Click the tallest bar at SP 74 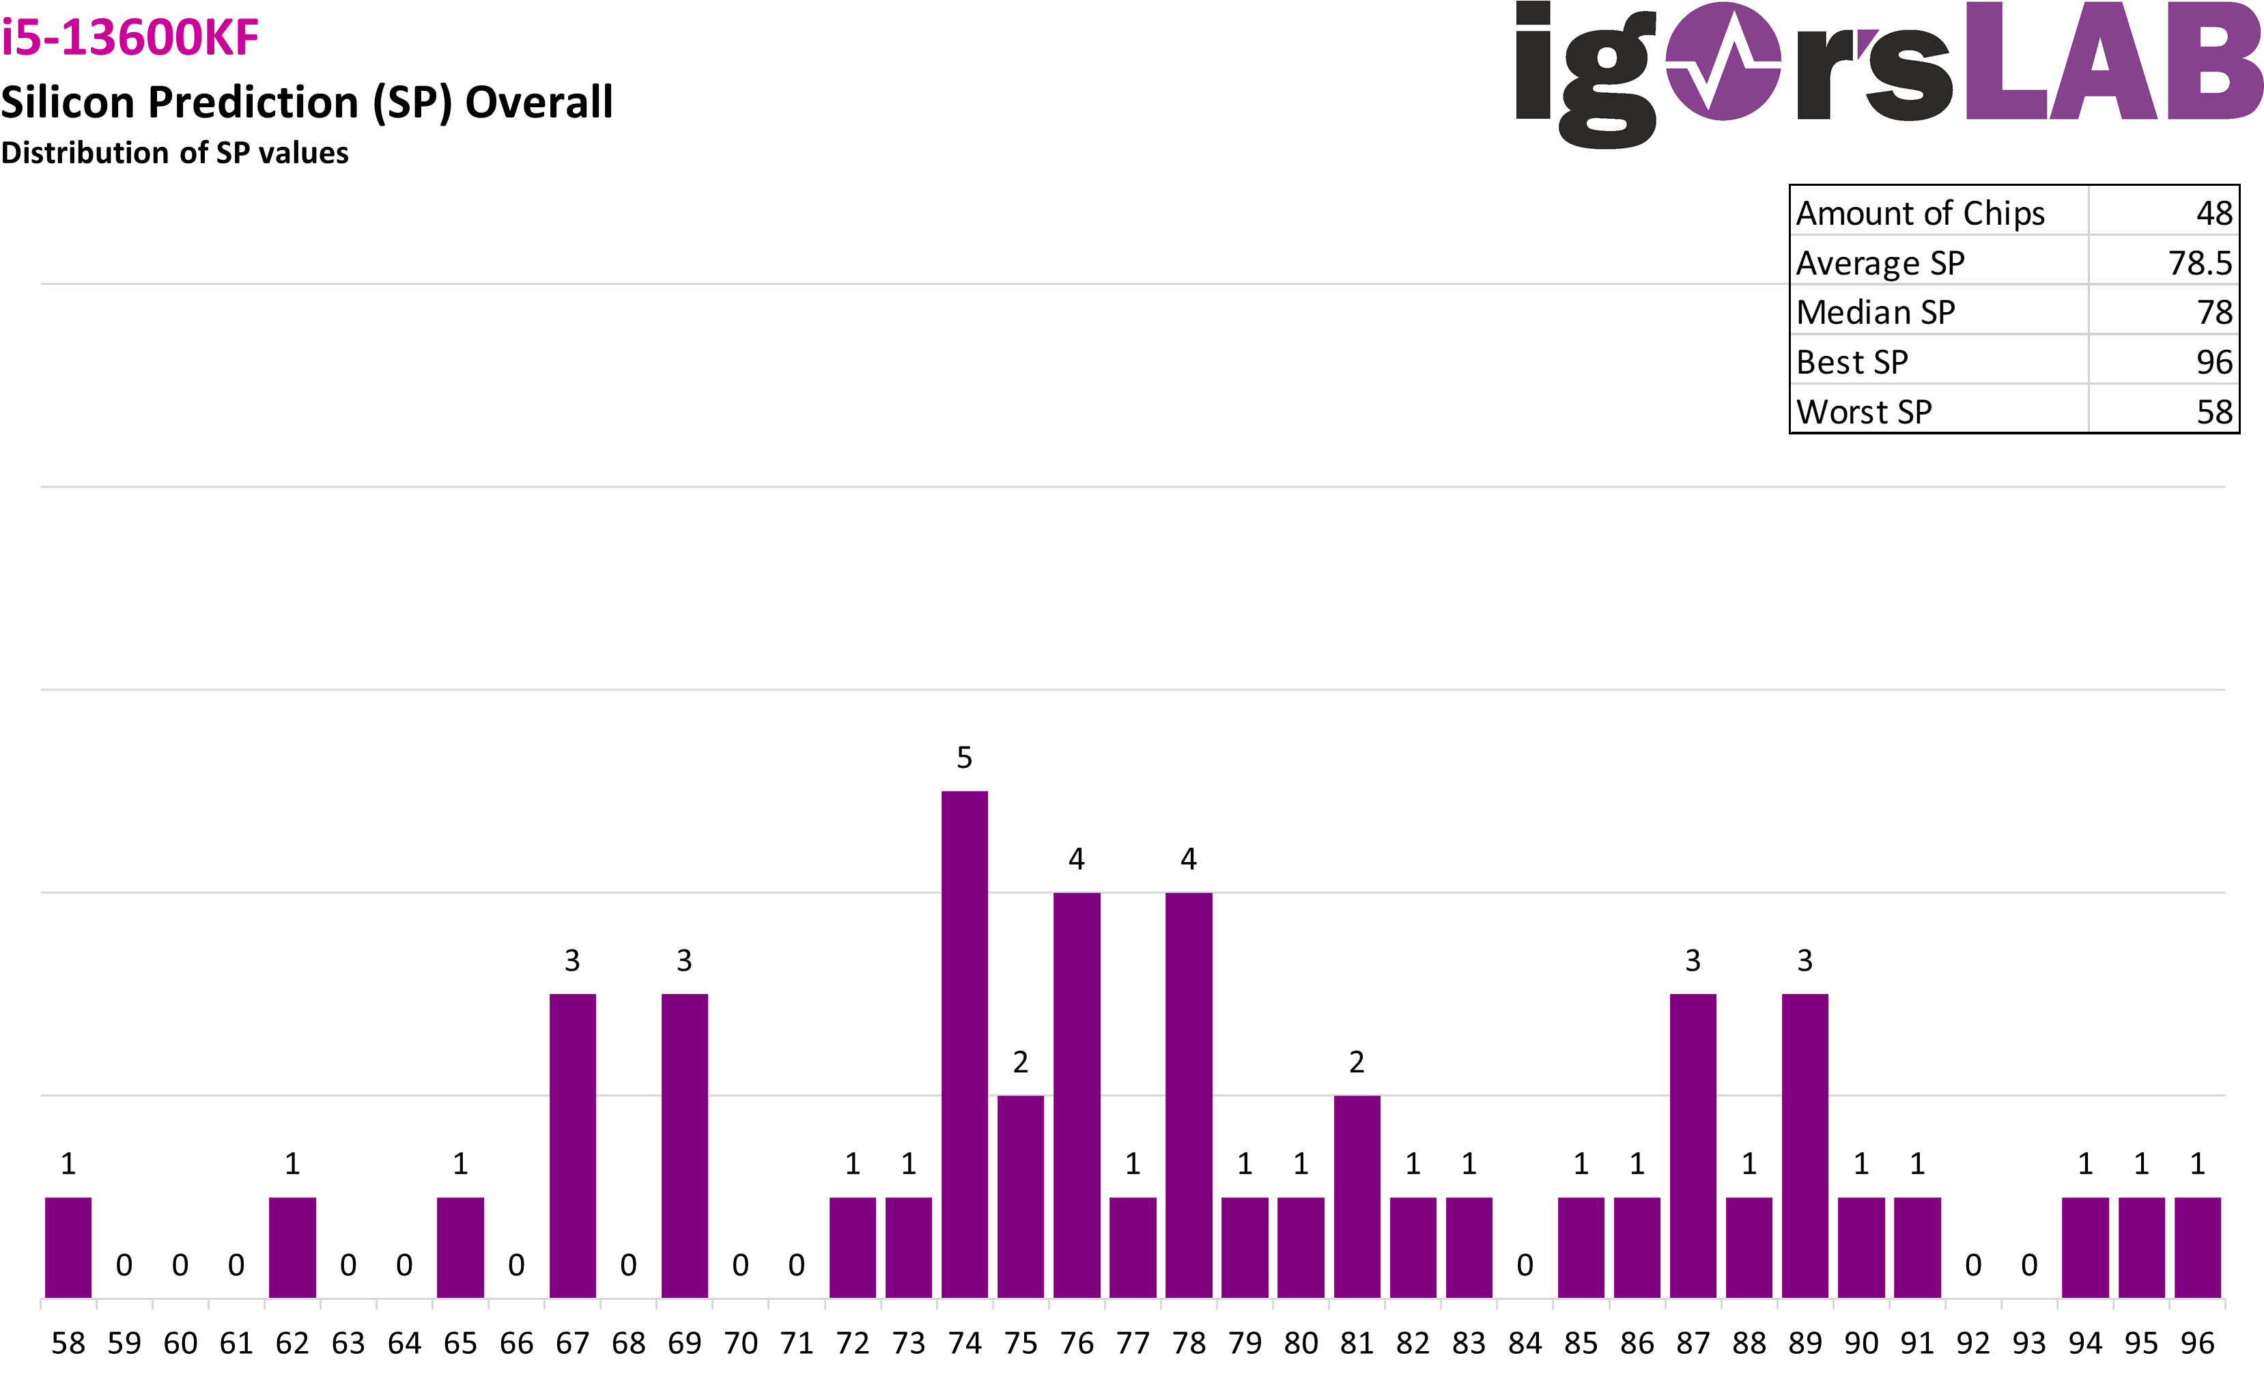tap(964, 1043)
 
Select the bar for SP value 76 tap(1076, 1094)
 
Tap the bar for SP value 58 tap(68, 1247)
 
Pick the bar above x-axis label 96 tap(2197, 1247)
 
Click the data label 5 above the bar tap(964, 758)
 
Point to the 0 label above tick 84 tap(1525, 1265)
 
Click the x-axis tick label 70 tap(741, 1343)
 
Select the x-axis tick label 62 tap(292, 1343)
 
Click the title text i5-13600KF tap(130, 37)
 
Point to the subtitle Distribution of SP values tap(175, 152)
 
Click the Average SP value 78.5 tap(2200, 263)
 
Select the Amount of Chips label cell tap(1921, 213)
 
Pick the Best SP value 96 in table tap(2213, 362)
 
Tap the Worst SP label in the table tap(1863, 412)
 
